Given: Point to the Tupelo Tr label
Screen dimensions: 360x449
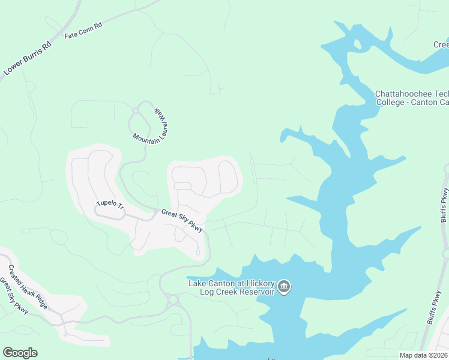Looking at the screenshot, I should click(110, 205).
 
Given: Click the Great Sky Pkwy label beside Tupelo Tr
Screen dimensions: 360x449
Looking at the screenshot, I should click(182, 220).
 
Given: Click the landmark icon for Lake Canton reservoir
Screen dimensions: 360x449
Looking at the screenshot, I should click(285, 287).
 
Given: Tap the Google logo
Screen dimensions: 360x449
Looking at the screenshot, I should click(20, 353).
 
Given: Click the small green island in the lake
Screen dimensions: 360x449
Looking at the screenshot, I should click(357, 44).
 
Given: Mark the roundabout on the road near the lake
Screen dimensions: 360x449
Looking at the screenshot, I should click(173, 298).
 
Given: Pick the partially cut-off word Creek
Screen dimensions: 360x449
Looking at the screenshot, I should click(441, 45).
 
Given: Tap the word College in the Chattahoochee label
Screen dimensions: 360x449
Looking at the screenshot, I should click(393, 102).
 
